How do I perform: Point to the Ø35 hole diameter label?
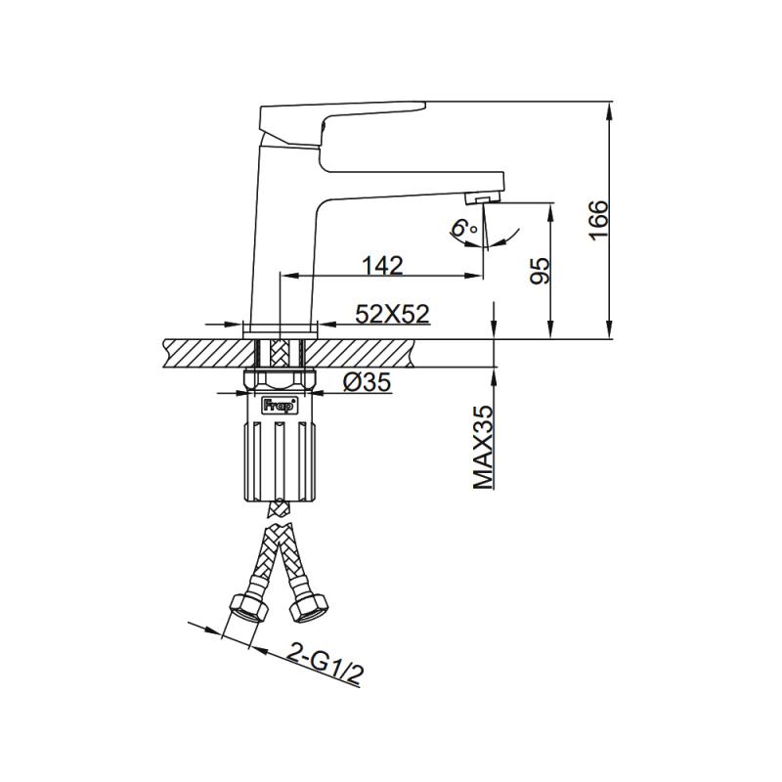pos(368,383)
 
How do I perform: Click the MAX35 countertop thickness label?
pos(482,447)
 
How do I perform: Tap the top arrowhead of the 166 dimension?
pos(610,108)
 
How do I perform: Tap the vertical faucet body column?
pos(279,235)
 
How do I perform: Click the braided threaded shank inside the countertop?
pos(279,351)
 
